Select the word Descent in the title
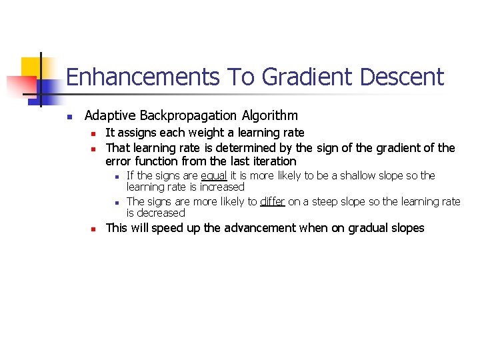tap(401, 77)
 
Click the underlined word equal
tap(214, 176)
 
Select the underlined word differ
tap(273, 201)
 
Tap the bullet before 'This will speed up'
tap(95, 229)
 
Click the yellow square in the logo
tap(31, 67)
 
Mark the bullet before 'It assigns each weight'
tap(95, 133)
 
